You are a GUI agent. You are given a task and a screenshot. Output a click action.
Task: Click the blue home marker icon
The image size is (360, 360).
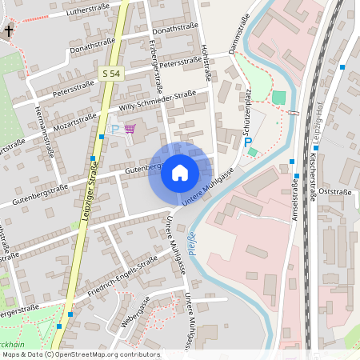(180, 173)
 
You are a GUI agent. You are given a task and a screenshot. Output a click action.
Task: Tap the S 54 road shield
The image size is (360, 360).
(111, 74)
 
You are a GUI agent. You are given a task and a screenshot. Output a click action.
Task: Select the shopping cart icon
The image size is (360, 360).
(130, 129)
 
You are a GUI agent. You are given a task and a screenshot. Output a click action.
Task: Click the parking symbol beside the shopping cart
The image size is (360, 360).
(114, 129)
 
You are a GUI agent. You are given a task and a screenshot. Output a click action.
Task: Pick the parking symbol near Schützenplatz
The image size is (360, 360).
(248, 142)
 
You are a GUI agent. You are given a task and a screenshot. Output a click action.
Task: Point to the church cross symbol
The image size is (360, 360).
(9, 31)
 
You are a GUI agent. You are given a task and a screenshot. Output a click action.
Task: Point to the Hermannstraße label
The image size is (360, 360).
(44, 132)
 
